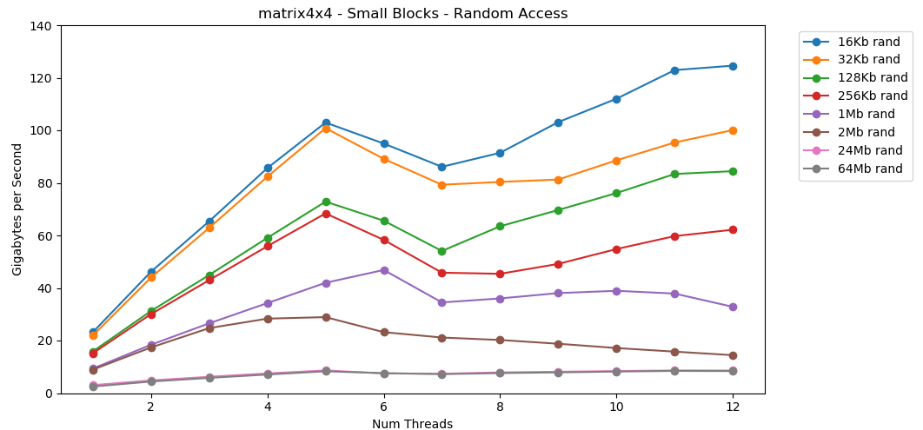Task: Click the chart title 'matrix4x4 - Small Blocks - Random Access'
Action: click(x=413, y=14)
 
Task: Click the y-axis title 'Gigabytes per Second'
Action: click(x=17, y=209)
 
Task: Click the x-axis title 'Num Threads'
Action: click(x=412, y=424)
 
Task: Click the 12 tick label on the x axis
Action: click(x=732, y=407)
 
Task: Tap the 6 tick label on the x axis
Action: click(x=383, y=407)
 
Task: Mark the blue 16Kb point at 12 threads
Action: click(x=732, y=66)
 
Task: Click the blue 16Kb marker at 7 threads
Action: click(x=442, y=167)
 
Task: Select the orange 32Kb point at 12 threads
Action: click(x=732, y=130)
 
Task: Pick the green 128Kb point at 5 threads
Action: click(x=326, y=202)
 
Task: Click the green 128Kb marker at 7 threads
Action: click(x=442, y=251)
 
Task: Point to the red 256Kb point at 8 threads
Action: click(x=500, y=274)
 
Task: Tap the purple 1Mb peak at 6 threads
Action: click(x=383, y=270)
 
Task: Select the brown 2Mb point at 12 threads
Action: click(x=732, y=355)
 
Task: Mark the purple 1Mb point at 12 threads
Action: click(x=732, y=307)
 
